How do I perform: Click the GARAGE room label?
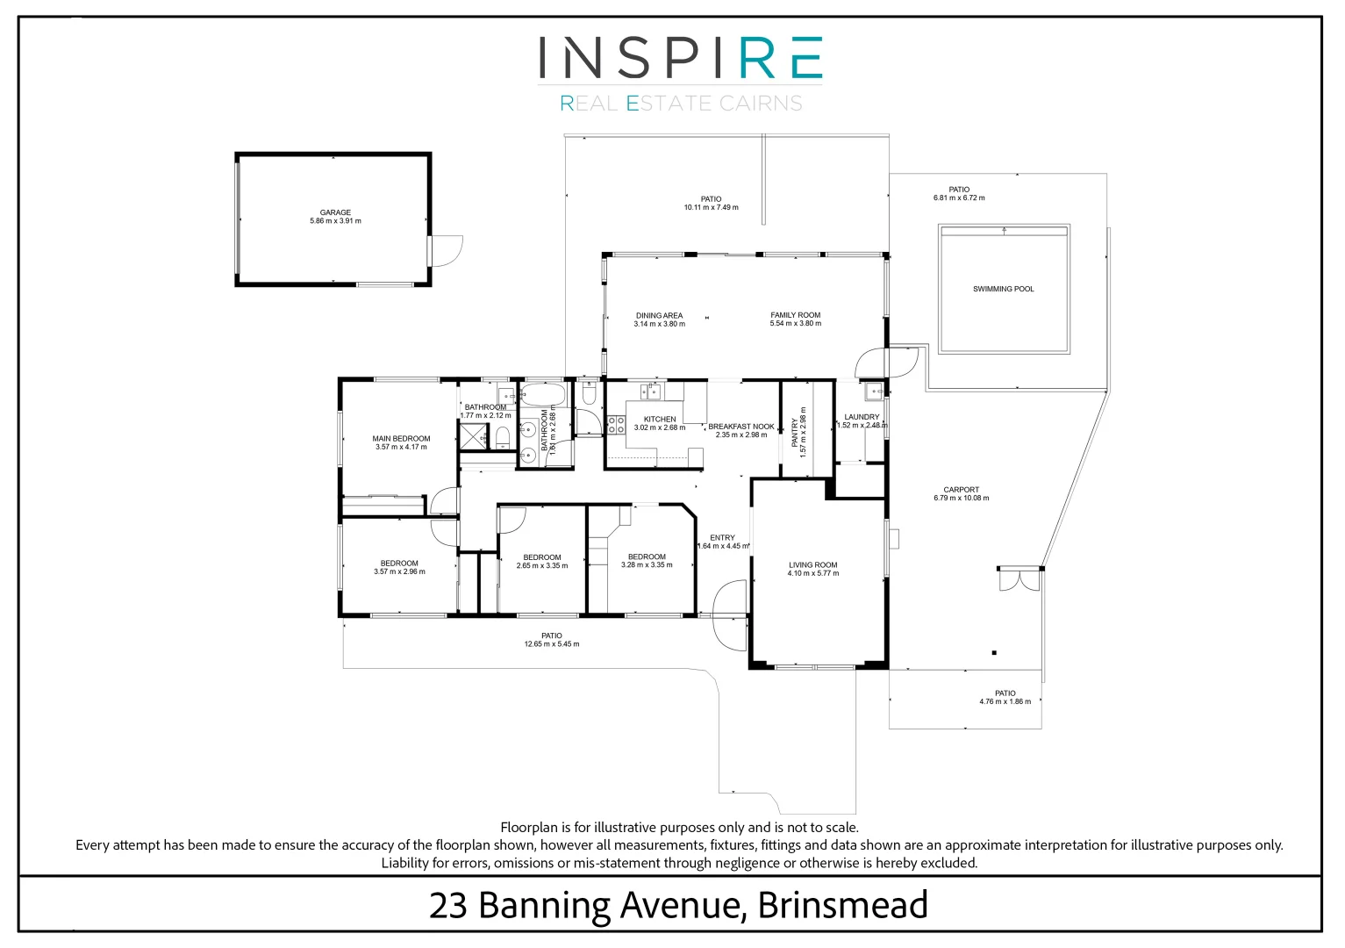tap(335, 212)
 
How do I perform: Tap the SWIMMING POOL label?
tap(1004, 289)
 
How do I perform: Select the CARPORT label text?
tap(961, 490)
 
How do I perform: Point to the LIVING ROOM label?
tap(813, 564)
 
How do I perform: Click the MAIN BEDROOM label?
tap(401, 439)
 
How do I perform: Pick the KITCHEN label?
tap(659, 420)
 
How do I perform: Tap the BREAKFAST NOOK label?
tap(741, 427)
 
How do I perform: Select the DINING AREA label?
tap(659, 315)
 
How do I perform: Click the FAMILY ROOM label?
tap(795, 315)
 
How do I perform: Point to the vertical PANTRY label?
tap(795, 433)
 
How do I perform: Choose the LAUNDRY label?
tap(862, 417)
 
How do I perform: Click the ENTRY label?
tap(722, 538)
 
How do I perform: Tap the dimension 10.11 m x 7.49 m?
tap(711, 207)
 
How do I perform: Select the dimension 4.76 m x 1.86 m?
tap(1005, 701)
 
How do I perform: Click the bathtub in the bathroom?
tap(543, 395)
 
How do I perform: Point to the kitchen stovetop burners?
tap(616, 425)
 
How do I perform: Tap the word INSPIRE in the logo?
tap(680, 58)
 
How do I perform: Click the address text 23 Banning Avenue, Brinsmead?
tap(678, 906)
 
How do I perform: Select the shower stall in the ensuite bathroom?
tap(474, 435)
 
